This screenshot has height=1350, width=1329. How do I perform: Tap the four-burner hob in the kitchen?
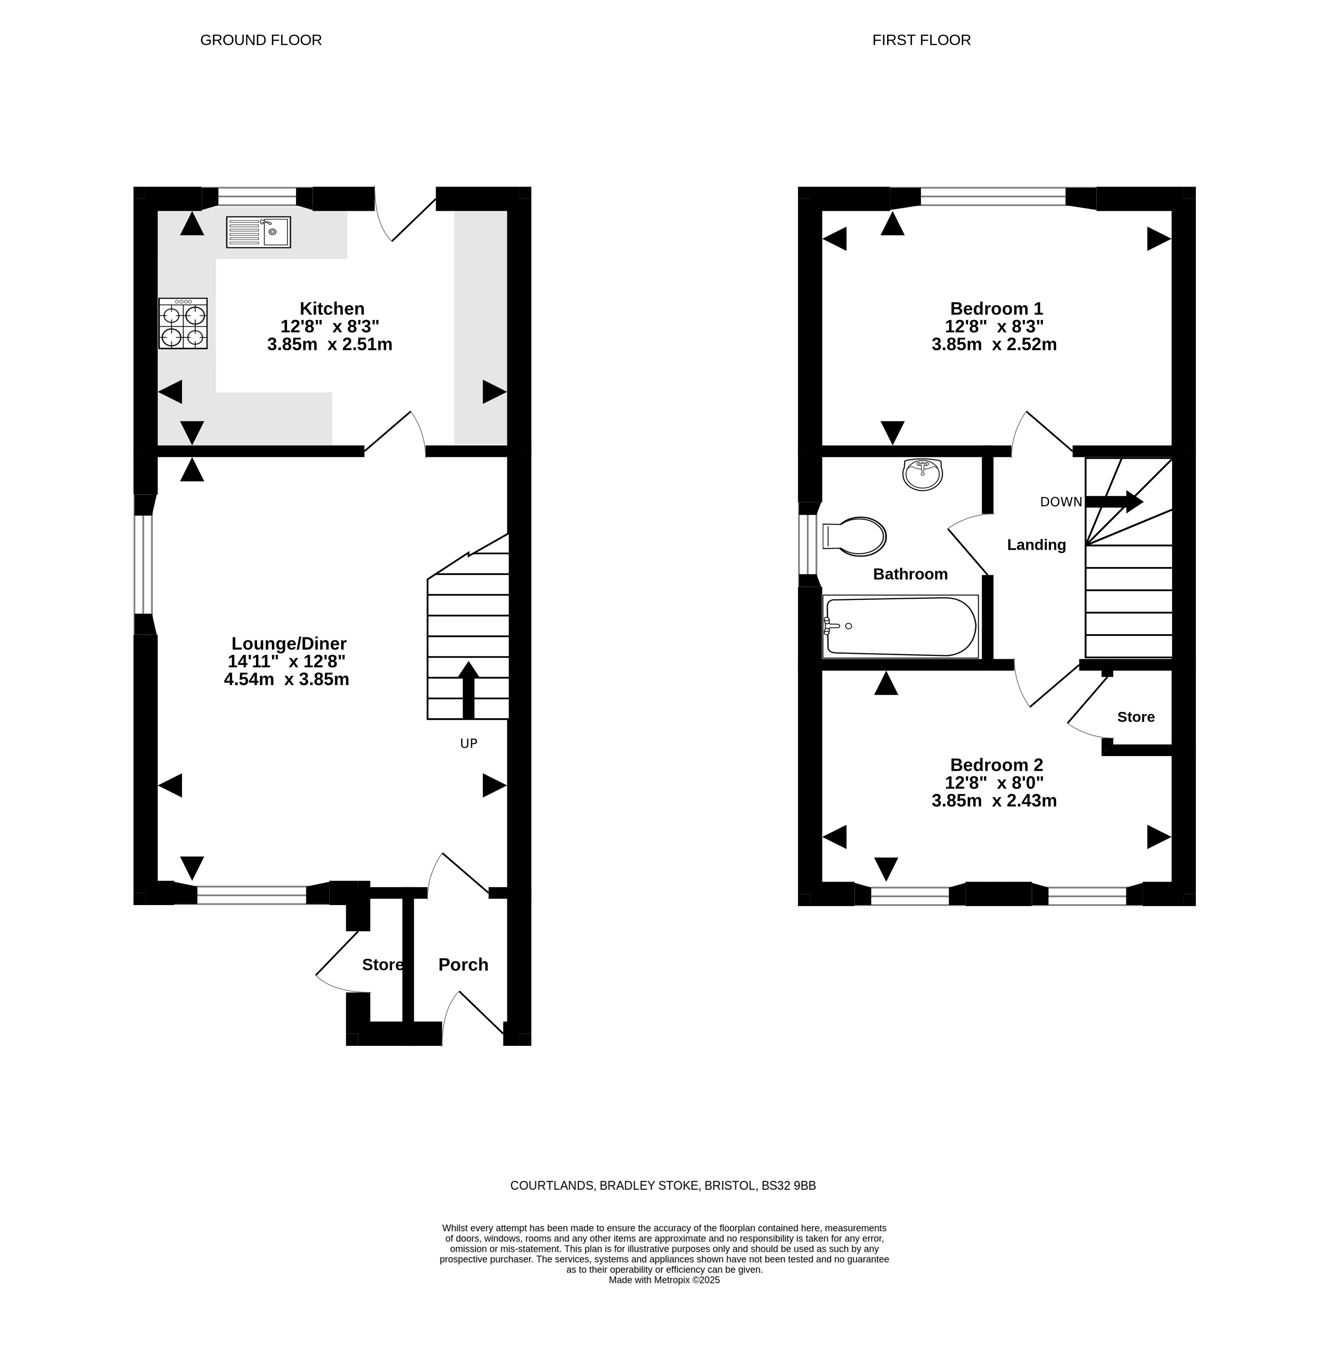183,323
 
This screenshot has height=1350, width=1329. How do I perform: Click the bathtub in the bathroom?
901,626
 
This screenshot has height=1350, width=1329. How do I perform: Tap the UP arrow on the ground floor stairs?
469,690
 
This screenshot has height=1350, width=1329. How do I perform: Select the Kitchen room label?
332,308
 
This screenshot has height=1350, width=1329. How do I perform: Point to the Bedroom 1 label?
996,308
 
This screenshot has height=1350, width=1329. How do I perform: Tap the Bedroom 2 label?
996,764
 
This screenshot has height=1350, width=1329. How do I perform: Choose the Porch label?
464,965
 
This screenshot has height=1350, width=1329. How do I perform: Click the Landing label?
1036,545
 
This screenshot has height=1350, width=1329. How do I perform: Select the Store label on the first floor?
1136,717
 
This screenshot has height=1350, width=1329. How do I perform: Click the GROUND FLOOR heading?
261,40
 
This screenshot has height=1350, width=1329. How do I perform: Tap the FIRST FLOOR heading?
921,40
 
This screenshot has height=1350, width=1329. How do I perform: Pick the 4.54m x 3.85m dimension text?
286,679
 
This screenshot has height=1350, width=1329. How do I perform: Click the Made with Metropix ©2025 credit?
664,1280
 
